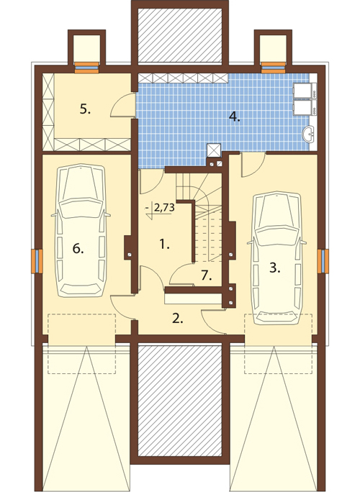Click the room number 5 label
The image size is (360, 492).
tap(85, 110)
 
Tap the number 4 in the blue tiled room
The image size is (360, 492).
tap(234, 117)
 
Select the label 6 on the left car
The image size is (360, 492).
tap(78, 249)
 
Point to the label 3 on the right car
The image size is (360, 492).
tap(274, 268)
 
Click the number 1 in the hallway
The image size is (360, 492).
tap(164, 244)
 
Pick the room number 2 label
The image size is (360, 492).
tap(178, 319)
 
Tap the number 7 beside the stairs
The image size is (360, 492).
tap(207, 275)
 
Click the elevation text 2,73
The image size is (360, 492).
tap(164, 208)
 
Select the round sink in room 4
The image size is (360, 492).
tap(310, 135)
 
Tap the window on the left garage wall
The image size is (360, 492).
tap(37, 261)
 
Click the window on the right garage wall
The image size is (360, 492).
tap(323, 261)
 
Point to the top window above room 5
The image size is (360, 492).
tap(87, 68)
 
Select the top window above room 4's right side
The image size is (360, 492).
tap(274, 68)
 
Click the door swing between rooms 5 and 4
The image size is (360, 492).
tap(122, 106)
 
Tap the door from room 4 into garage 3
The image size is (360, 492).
tap(253, 165)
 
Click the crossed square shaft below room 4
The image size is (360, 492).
tap(215, 150)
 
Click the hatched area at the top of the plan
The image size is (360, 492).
tap(180, 35)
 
